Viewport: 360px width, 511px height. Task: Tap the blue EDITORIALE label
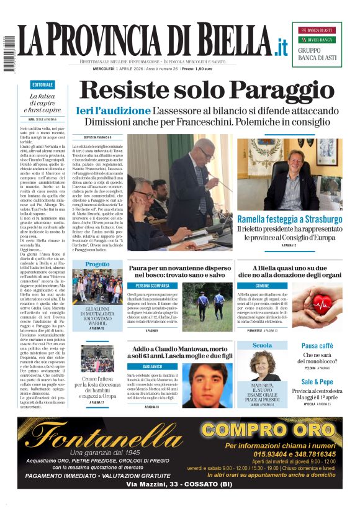[x=42, y=84]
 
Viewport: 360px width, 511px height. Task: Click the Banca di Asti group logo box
[x=317, y=44]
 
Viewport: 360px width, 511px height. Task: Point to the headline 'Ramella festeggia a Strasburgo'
[x=289, y=220]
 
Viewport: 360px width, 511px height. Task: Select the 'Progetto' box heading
[x=97, y=264]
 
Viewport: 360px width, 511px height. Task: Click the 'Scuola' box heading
[x=263, y=345]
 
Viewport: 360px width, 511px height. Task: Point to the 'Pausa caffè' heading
[x=317, y=345]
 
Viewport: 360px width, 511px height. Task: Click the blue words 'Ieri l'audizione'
[x=113, y=111]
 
